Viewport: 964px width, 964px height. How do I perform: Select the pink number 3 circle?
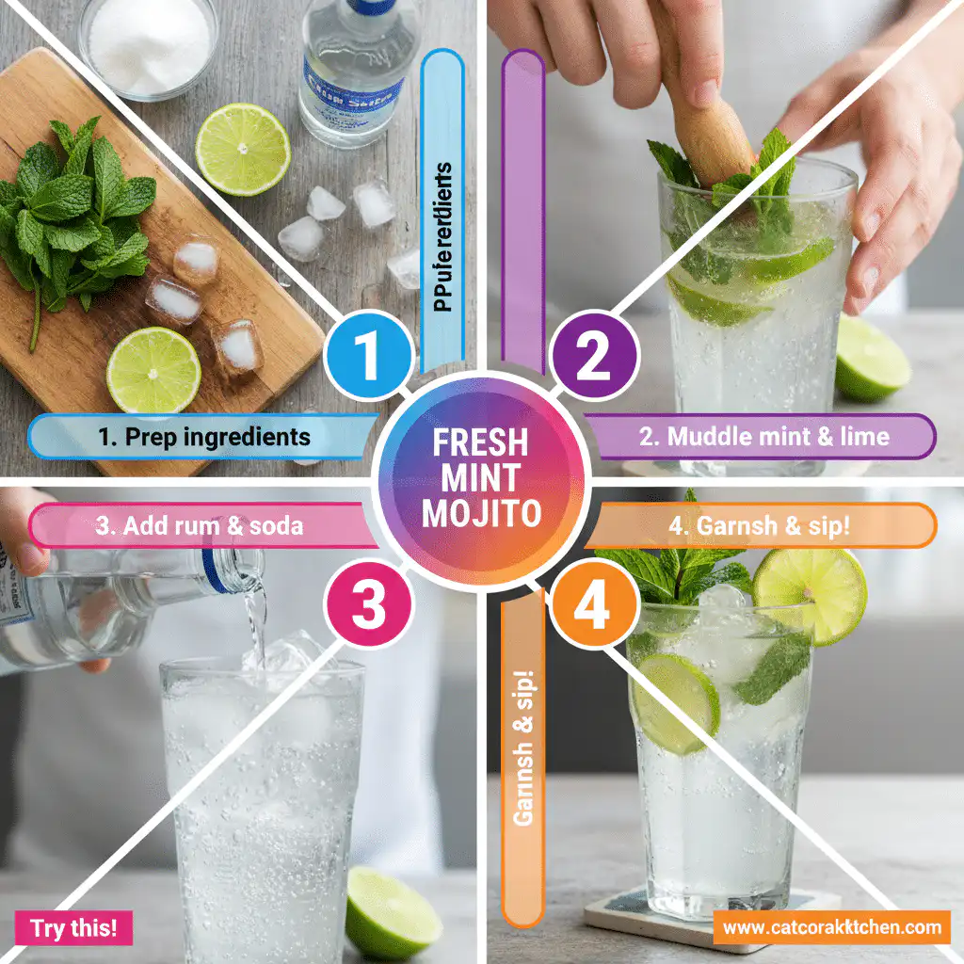(368, 605)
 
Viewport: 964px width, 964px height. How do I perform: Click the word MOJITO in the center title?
(481, 514)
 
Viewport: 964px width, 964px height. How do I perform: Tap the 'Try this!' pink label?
(74, 928)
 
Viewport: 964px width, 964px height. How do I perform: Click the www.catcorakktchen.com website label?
(832, 927)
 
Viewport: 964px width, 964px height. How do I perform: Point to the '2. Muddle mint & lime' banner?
(763, 437)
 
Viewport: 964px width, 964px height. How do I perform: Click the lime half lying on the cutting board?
(153, 369)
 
